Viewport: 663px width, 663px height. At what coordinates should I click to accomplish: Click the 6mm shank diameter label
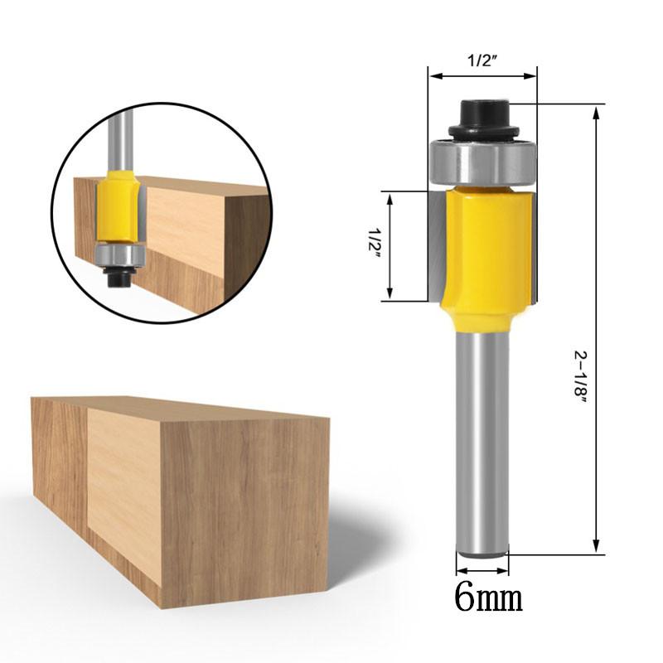pyautogui.click(x=489, y=597)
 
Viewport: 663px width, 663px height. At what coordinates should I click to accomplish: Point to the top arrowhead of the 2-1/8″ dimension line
pyautogui.click(x=595, y=113)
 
